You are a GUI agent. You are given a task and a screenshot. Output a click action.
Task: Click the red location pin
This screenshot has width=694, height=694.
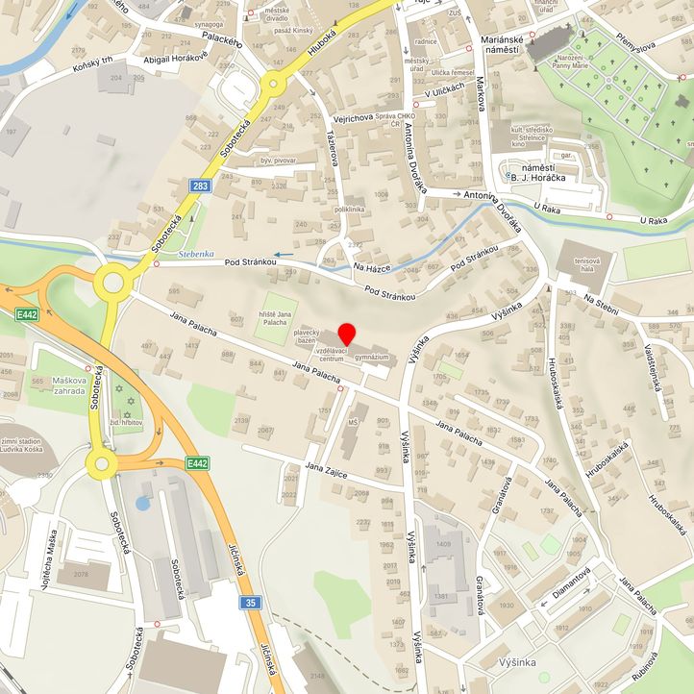(347, 335)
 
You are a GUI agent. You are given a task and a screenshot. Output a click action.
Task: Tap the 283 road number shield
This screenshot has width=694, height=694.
(198, 186)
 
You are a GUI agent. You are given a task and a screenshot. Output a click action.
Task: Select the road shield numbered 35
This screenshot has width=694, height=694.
(250, 603)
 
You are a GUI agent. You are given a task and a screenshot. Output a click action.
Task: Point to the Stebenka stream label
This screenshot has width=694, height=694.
(197, 255)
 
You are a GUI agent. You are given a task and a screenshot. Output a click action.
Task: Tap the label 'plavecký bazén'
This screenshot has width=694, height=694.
(307, 335)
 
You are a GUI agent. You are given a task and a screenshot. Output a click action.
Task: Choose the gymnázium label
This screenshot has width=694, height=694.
(370, 357)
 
